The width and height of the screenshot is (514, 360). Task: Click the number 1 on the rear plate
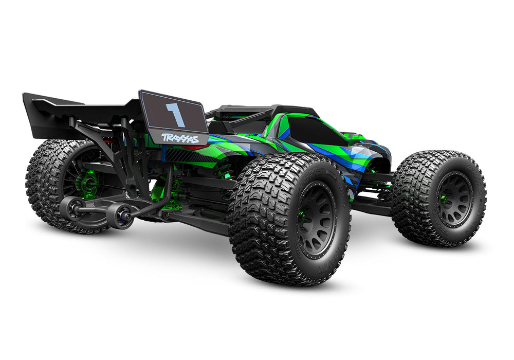pyautogui.click(x=175, y=114)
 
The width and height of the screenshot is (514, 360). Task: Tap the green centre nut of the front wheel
pyautogui.click(x=443, y=199)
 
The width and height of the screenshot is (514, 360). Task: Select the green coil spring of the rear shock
pyautogui.click(x=225, y=170)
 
